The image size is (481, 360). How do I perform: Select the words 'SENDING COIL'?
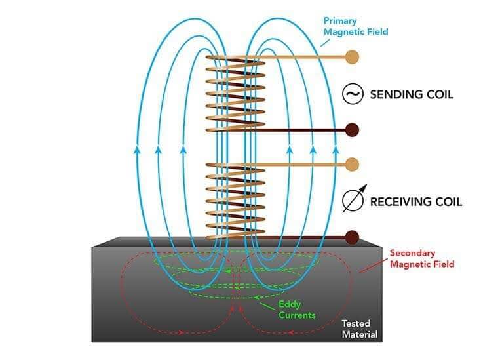click(412, 94)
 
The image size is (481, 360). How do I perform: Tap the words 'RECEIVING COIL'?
click(416, 201)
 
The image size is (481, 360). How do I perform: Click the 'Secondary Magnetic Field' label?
click(421, 258)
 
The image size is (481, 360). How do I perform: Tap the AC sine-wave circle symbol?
click(353, 94)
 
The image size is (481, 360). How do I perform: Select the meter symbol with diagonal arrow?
click(353, 201)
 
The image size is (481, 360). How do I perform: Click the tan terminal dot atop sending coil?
click(352, 57)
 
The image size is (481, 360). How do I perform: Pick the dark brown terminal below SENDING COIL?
click(352, 130)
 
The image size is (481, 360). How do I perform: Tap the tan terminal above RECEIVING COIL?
click(352, 163)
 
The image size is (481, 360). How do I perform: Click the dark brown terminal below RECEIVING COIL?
click(352, 236)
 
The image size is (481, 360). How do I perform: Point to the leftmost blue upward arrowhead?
click(137, 150)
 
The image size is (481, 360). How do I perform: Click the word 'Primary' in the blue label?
click(341, 20)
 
